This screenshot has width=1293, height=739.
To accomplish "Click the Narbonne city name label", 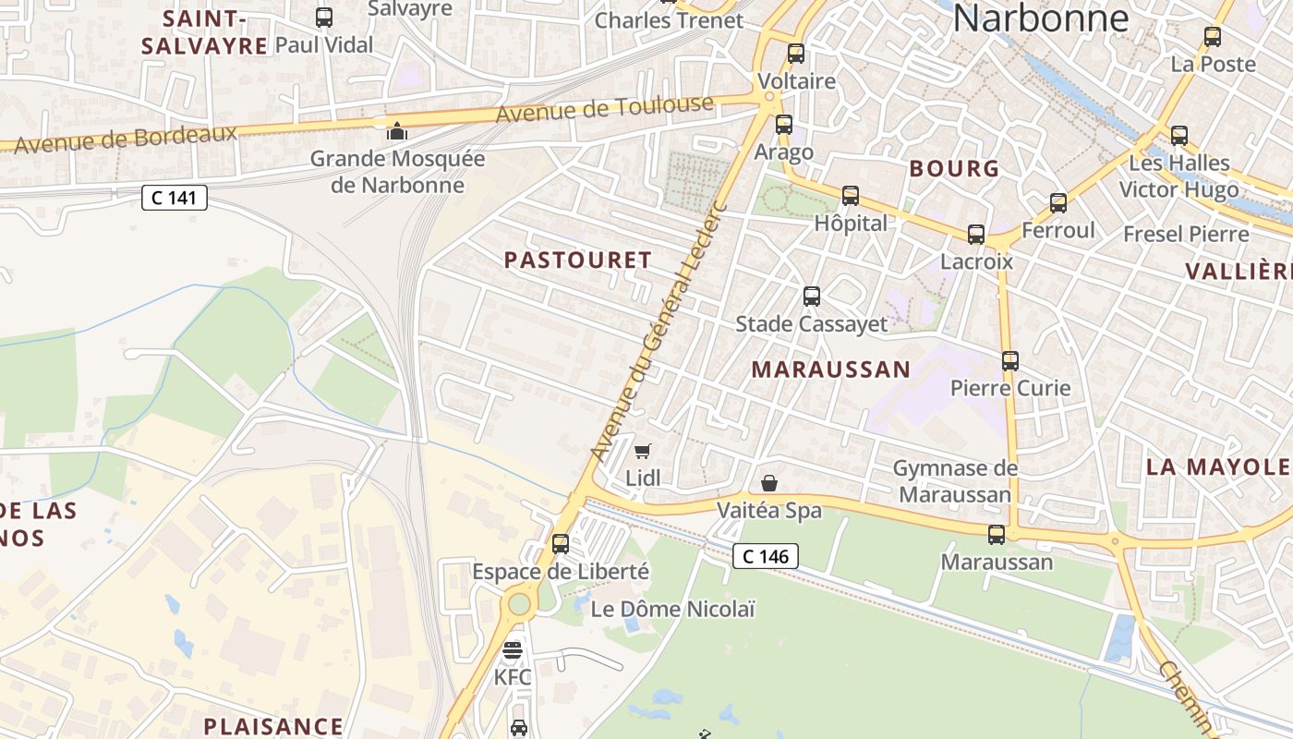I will coord(1041,18).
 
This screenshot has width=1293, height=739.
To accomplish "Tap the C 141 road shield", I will coord(174,197).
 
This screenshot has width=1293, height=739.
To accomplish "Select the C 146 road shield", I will coord(766,555).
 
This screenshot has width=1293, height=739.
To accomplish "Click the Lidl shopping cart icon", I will coord(643,452).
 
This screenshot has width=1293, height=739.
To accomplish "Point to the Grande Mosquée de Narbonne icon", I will coord(397,131).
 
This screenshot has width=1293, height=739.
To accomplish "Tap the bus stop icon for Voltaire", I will coord(796,54).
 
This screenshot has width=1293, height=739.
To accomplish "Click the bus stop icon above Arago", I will coord(784,124).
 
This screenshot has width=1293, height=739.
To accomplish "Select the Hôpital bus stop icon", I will coord(851,196).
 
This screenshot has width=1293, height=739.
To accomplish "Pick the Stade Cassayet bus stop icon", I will coord(812,297).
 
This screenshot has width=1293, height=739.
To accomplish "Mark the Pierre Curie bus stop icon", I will coord(1010,361).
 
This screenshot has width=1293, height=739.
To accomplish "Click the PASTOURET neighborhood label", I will coord(578,260).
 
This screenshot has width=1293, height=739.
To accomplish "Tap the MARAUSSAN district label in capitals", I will coord(830,369).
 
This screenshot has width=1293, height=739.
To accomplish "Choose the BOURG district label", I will coord(954,168).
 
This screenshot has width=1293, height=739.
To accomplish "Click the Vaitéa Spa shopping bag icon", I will coord(768,483).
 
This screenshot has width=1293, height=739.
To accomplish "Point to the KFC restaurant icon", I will coord(513,650).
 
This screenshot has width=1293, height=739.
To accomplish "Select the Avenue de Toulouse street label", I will coord(605,109).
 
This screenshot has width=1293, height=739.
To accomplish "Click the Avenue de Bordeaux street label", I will coord(126,139).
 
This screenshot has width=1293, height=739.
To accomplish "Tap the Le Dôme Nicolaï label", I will coord(672,609).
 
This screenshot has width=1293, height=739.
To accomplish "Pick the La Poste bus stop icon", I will coord(1213,37).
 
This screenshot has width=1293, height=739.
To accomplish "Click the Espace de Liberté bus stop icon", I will coord(561,544).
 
